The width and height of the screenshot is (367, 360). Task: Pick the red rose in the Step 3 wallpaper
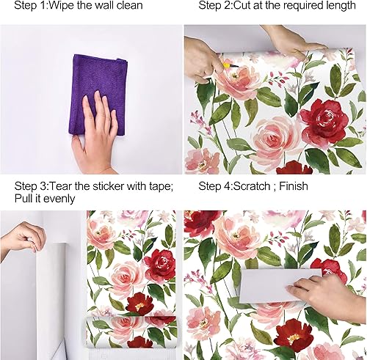(160, 264)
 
